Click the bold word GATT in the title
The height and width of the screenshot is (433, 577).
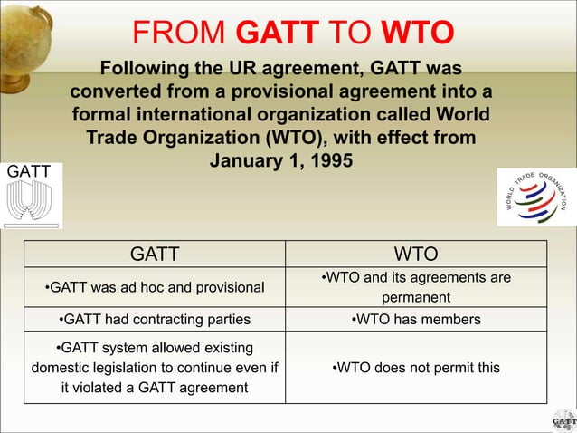tap(278, 32)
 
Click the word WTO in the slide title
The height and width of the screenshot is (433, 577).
tap(417, 32)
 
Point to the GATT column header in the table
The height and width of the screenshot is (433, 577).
tap(155, 254)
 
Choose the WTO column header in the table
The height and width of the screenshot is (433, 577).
tap(416, 254)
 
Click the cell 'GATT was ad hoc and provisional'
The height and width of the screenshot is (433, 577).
tap(155, 287)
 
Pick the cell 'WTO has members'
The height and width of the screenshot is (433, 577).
tap(416, 319)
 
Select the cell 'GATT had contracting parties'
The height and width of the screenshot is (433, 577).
tap(155, 319)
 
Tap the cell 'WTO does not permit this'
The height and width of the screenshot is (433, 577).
tap(416, 367)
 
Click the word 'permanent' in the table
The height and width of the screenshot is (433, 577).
tap(416, 297)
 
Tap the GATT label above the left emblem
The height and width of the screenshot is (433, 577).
tap(29, 171)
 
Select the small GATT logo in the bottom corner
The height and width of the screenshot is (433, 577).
tap(562, 419)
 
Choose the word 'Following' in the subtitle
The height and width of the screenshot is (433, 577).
tap(144, 70)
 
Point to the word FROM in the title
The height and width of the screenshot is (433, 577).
tap(180, 32)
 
